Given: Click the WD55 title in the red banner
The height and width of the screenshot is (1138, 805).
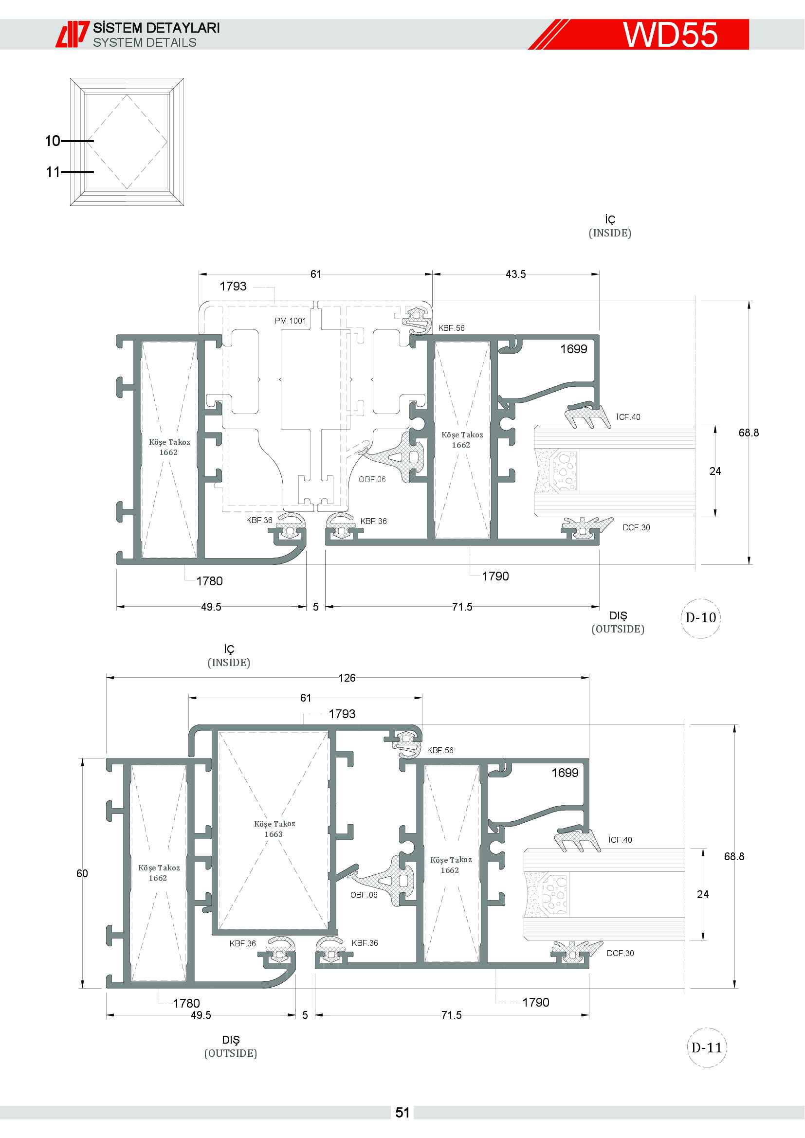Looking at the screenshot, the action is [x=670, y=35].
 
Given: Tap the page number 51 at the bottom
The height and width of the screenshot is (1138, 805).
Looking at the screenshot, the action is [x=402, y=1113].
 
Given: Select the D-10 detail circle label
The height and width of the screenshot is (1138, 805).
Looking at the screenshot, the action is [x=700, y=617].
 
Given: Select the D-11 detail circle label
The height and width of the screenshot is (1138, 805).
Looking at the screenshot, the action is [x=707, y=1048].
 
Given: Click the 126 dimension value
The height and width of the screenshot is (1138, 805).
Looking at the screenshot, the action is [x=347, y=678].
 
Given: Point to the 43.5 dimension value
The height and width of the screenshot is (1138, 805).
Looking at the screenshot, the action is [x=515, y=274].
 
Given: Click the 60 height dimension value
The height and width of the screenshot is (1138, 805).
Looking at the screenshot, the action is [x=82, y=873].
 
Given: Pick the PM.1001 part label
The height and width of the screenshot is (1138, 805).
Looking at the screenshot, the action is [x=291, y=321].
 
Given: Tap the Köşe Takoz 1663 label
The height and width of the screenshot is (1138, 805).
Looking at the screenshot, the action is [x=274, y=829].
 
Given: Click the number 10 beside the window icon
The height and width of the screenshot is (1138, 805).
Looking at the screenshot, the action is [x=53, y=141].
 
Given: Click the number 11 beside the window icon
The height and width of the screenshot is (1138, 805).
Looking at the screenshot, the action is [x=53, y=172].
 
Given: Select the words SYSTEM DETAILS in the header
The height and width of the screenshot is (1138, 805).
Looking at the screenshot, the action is [x=145, y=43].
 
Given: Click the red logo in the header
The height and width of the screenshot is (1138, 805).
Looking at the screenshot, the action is [x=73, y=34].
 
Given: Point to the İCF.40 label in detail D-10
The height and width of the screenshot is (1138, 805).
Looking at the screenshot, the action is [x=628, y=417].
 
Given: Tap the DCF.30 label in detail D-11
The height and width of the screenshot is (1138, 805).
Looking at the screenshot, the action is [x=620, y=953].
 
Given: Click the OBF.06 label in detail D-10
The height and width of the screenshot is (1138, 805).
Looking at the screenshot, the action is [x=372, y=479].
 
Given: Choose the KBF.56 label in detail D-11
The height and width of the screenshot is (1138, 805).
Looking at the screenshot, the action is [x=440, y=750].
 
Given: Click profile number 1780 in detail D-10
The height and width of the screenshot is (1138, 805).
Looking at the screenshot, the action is [x=209, y=581].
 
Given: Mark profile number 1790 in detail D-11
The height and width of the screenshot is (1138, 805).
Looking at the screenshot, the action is [x=536, y=1002].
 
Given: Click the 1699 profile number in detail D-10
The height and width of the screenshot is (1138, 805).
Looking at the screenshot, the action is [x=573, y=349].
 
